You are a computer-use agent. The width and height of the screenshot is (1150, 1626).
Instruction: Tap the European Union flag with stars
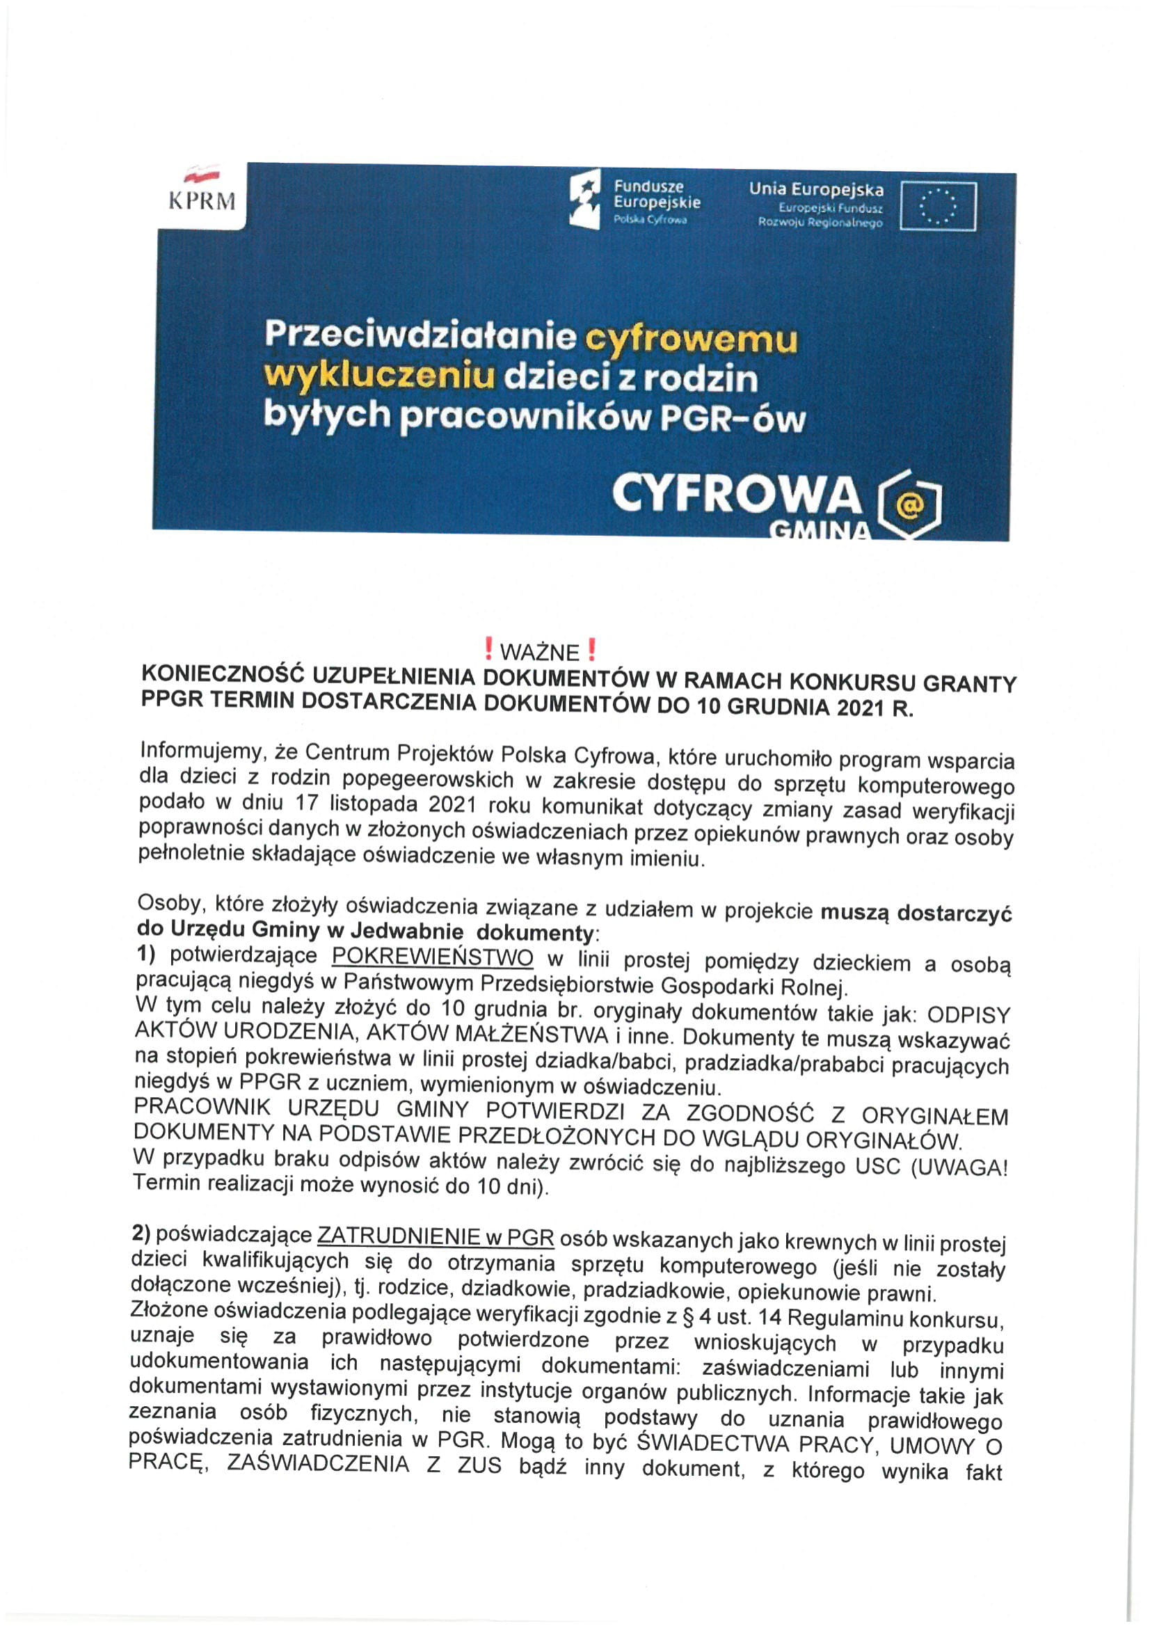coord(938,206)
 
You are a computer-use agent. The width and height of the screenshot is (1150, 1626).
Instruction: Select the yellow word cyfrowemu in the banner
coord(689,339)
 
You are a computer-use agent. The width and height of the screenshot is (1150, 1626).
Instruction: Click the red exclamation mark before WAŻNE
coord(488,649)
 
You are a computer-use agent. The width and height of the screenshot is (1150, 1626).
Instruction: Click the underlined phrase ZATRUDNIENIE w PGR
coord(436,1237)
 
